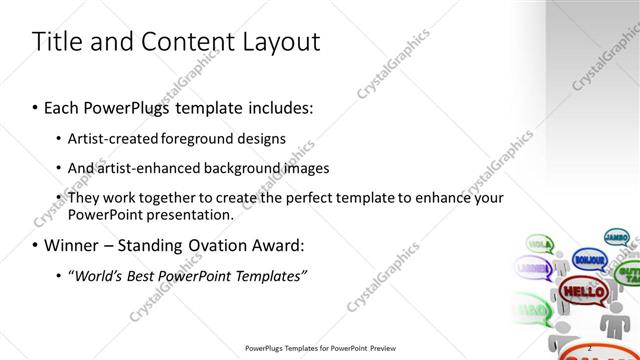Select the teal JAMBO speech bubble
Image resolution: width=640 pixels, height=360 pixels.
[617, 238]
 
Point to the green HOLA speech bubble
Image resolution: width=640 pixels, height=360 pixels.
[539, 243]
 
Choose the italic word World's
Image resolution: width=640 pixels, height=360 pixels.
[99, 275]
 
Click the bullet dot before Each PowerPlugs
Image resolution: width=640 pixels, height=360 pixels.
[36, 106]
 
